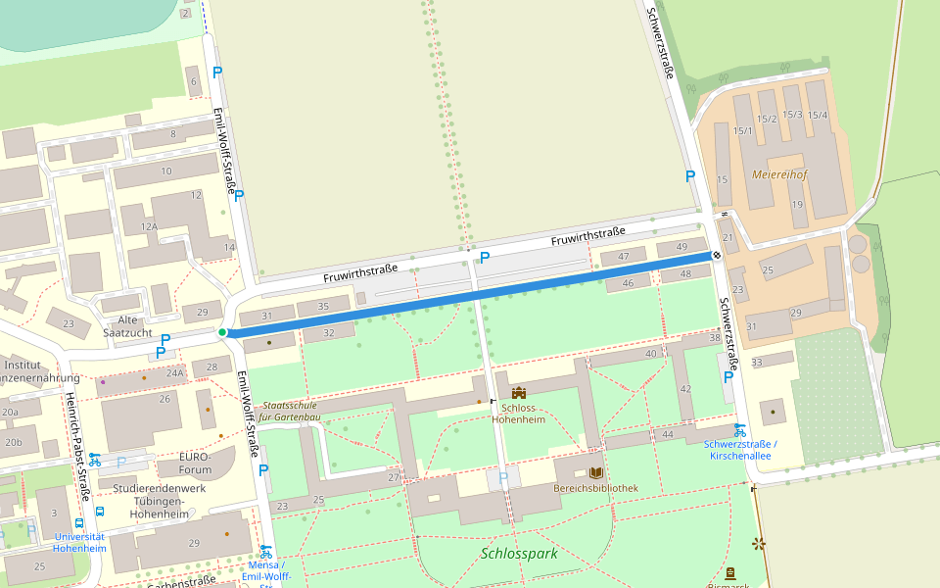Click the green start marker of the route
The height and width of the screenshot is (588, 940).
coord(222,333)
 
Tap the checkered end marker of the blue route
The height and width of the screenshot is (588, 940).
coord(717,255)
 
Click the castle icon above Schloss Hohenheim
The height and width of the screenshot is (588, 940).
coord(518,393)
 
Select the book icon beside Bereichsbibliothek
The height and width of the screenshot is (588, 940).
coord(596,472)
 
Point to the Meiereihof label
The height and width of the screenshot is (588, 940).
coord(779,174)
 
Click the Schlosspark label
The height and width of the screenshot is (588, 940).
coord(519,554)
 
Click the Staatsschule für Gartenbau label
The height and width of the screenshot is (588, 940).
coord(290,411)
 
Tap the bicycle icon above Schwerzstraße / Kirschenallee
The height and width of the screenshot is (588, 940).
coord(740,429)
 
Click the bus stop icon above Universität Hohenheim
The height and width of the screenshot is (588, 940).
coord(100,511)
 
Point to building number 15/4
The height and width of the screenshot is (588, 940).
coord(818,115)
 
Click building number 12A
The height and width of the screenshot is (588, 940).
coord(149,226)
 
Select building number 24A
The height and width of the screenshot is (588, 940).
coord(174,372)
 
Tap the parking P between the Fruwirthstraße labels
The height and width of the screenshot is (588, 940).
coord(484,257)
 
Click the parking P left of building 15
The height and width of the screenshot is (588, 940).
coord(690,176)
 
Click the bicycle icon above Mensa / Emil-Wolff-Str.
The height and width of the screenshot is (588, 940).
coord(265,551)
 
